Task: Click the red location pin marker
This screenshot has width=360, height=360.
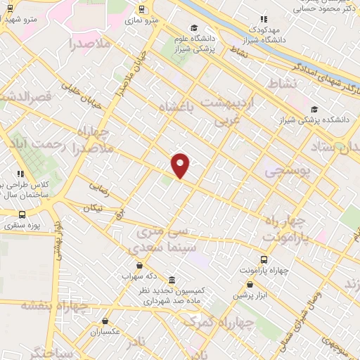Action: pos(181,165)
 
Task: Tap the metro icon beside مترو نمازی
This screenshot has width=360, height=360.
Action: pos(142,9)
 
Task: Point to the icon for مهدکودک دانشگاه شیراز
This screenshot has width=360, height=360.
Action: pos(264,20)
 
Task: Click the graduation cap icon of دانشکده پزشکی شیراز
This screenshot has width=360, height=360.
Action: pos(314,109)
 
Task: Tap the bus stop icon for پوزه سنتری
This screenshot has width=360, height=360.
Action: pos(22,214)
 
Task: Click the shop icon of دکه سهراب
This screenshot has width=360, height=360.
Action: pos(139,265)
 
